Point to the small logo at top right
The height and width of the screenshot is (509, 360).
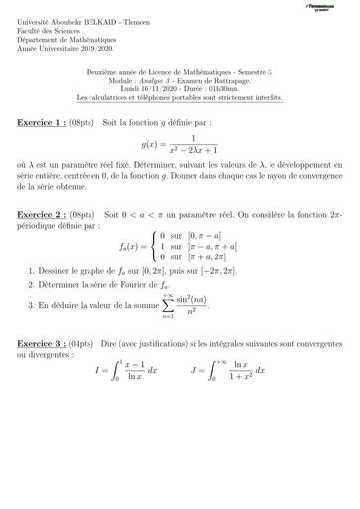[x=319, y=7]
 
